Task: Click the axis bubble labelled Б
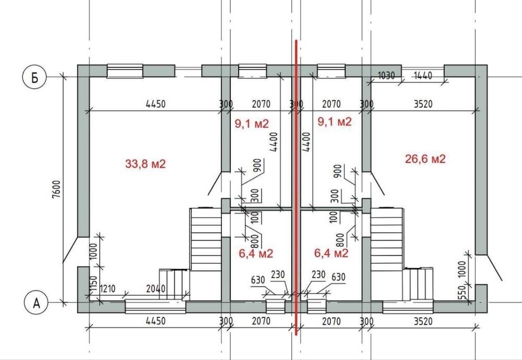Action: click(x=34, y=77)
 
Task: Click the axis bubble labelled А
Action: click(x=37, y=303)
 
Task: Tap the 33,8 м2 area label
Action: click(x=145, y=164)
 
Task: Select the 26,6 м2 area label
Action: click(x=425, y=159)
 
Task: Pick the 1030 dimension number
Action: click(x=386, y=76)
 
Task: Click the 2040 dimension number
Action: click(x=156, y=288)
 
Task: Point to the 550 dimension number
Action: click(x=462, y=293)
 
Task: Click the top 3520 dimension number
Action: click(x=423, y=104)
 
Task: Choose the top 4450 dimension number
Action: click(x=156, y=104)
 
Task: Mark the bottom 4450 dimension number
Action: click(x=156, y=321)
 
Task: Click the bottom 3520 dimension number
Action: click(x=423, y=321)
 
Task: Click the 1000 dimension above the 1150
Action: click(x=93, y=252)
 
